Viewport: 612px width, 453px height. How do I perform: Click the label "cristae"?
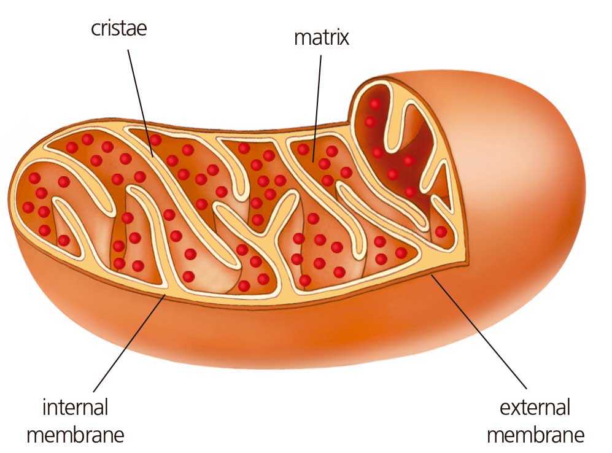tap(118, 28)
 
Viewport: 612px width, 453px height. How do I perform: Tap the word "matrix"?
tap(321, 37)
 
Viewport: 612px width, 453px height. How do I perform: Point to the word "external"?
tap(535, 407)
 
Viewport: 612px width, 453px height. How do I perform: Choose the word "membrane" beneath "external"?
tap(535, 435)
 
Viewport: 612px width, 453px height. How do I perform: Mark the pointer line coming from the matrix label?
tap(317, 104)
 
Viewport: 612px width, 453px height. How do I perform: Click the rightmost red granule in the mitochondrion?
tap(440, 231)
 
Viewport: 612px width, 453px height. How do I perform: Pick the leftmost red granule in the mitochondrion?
tap(28, 207)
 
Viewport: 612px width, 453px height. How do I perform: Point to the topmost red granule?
tap(374, 104)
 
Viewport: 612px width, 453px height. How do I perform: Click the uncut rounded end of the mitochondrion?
tap(546, 184)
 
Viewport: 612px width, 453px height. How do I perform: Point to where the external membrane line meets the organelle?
tap(432, 276)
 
